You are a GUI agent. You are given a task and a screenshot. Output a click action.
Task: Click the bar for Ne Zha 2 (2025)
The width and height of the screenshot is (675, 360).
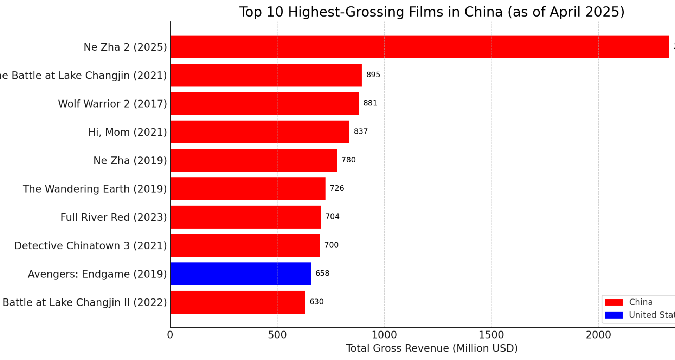click(x=419, y=47)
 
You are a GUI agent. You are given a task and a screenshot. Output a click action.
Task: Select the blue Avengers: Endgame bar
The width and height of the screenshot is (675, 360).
click(x=240, y=274)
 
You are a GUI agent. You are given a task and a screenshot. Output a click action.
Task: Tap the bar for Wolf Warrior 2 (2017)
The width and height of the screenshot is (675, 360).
click(x=264, y=103)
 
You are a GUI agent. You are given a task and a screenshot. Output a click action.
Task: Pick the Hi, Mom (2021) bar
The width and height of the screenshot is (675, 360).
click(x=259, y=132)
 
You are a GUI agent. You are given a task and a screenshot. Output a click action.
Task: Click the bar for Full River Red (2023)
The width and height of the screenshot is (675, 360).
click(x=245, y=217)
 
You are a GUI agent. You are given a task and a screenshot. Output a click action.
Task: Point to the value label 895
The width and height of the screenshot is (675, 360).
click(x=373, y=75)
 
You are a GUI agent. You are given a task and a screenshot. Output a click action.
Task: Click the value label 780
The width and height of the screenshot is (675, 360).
click(x=348, y=160)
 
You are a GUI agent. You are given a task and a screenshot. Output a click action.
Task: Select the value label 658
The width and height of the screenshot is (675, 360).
click(x=322, y=274)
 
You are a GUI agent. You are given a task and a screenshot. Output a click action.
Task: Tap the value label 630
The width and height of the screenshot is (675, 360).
click(x=316, y=302)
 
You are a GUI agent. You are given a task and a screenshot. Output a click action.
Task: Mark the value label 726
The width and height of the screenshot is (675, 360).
click(x=337, y=188)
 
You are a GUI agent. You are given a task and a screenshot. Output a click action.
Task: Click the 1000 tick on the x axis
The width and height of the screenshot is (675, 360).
click(x=384, y=335)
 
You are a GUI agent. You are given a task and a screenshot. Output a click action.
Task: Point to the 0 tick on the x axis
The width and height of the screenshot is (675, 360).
click(x=170, y=335)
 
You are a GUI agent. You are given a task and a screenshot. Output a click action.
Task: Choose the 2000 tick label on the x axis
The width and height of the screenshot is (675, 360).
click(x=598, y=335)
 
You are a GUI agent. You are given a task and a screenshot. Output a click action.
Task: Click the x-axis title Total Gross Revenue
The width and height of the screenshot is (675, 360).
click(x=432, y=348)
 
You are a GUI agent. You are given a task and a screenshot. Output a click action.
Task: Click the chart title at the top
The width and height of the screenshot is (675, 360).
click(x=432, y=12)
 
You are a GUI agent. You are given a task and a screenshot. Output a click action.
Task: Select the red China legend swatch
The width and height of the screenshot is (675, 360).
click(x=613, y=302)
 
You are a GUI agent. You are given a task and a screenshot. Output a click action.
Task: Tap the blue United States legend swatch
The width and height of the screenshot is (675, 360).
click(x=613, y=315)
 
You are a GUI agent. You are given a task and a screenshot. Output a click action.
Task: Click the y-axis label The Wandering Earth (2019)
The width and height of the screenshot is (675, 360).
click(x=95, y=189)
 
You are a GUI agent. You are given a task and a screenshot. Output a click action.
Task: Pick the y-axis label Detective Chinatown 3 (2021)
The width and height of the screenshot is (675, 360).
click(x=90, y=246)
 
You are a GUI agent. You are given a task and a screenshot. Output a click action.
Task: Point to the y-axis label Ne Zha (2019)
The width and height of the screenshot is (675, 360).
click(x=130, y=161)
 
